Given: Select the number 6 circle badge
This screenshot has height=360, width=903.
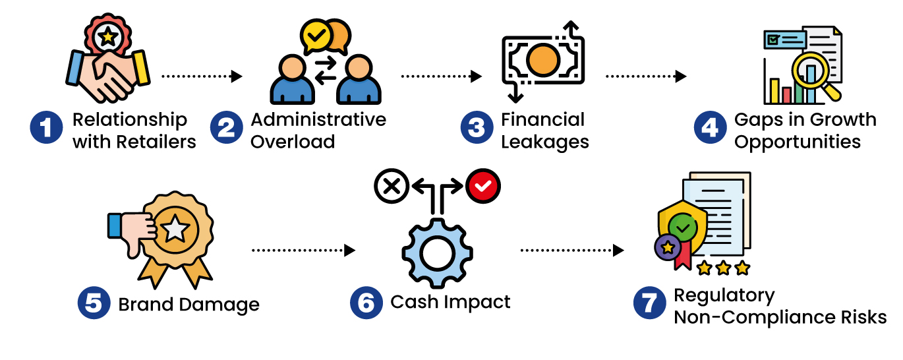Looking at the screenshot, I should click(x=366, y=303).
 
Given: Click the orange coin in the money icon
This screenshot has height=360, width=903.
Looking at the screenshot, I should click(x=544, y=61).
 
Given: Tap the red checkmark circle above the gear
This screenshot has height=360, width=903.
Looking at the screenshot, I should click(x=483, y=187).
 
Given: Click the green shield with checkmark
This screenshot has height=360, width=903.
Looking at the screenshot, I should click(x=682, y=227).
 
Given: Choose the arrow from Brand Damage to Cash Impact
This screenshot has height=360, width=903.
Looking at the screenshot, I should click(x=303, y=251).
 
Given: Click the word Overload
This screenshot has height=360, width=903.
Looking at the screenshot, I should click(x=293, y=142).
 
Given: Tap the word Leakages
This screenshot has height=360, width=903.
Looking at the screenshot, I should click(x=545, y=142).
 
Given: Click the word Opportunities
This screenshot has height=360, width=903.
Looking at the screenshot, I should click(x=798, y=142).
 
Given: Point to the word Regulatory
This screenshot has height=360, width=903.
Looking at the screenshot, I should click(x=724, y=295).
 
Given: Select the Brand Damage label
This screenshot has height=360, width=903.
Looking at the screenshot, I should click(x=189, y=305).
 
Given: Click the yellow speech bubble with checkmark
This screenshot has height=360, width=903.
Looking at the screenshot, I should click(x=316, y=38).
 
